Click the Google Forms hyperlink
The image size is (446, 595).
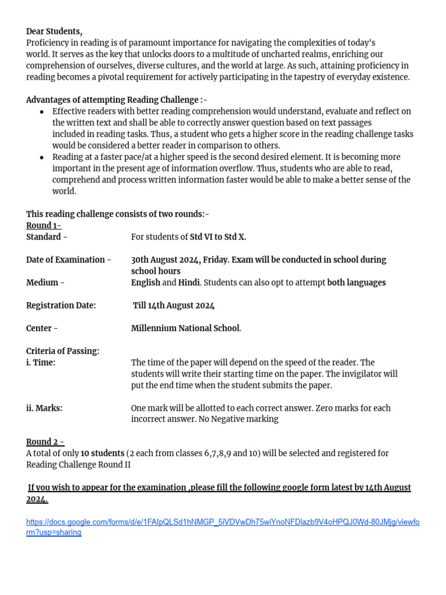tap(222, 527)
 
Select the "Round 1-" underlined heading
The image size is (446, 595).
tap(44, 225)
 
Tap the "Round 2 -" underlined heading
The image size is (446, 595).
tap(45, 442)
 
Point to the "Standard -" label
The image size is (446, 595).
tap(46, 237)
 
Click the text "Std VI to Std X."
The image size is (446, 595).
tap(218, 237)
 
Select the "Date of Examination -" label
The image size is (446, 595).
tap(69, 260)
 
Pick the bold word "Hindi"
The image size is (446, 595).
tap(189, 282)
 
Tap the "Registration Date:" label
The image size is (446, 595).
tap(61, 305)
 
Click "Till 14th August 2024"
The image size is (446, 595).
tap(174, 305)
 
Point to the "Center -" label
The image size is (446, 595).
tap(42, 328)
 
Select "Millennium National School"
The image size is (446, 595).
tap(185, 328)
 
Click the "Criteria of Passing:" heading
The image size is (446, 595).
tap(63, 351)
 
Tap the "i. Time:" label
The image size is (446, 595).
tap(41, 363)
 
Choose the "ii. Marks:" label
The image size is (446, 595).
tap(44, 408)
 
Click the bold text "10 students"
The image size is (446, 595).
tap(102, 453)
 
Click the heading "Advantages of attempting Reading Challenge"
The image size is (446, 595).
tap(112, 100)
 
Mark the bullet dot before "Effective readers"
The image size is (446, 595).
tap(41, 112)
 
